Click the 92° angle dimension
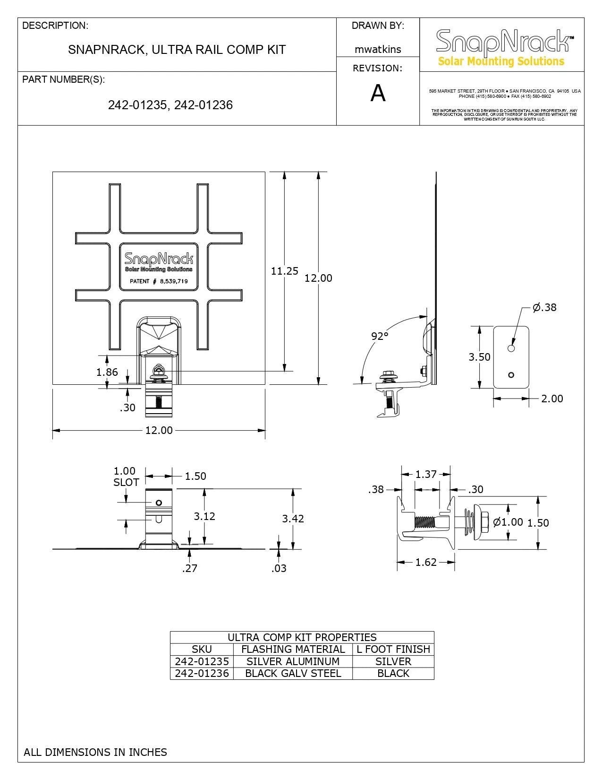(379, 336)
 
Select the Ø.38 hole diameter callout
(544, 307)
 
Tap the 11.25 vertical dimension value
(284, 271)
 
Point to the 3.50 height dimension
(479, 357)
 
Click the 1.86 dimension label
(107, 372)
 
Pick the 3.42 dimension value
(293, 518)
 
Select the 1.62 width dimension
(426, 562)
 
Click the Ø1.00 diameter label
(508, 522)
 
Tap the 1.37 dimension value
(426, 474)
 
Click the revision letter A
(378, 93)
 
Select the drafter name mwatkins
(378, 50)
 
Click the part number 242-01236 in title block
(203, 105)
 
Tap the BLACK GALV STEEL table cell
(293, 673)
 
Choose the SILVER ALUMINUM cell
(293, 661)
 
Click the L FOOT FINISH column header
(393, 649)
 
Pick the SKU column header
(202, 649)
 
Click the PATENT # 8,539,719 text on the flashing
(159, 281)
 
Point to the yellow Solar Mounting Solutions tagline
(501, 61)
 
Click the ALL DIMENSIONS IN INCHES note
(95, 752)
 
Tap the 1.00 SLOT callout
(126, 477)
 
